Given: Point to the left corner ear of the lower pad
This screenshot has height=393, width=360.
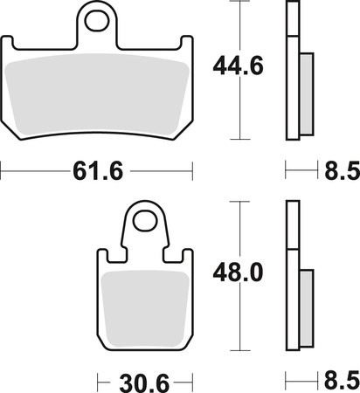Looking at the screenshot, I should coord(101,257).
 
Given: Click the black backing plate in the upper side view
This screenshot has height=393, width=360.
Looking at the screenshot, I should coord(291,70).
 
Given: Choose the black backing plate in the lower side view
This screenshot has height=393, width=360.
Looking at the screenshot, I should coord(291,279).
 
